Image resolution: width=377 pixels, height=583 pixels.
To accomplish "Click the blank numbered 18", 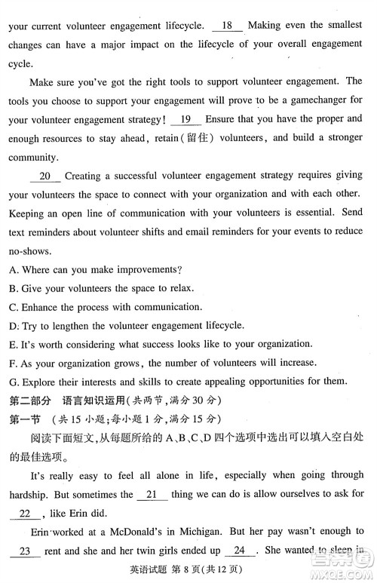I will pos(228,25).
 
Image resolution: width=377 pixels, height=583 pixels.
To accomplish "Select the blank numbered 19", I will pos(186,118).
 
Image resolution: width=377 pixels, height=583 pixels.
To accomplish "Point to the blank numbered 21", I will pos(152,494).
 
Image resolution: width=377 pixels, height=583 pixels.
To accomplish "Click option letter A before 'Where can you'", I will pos(13,270).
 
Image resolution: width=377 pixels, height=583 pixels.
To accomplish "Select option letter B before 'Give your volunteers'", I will pos(13,288).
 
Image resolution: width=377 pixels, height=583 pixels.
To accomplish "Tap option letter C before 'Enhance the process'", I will pos(13,307).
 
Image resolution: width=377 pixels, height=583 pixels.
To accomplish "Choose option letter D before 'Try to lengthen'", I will pos(13,325).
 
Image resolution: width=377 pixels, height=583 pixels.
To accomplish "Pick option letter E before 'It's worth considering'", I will pos(13,344).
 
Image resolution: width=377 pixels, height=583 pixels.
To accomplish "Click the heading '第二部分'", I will pos(30,399).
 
